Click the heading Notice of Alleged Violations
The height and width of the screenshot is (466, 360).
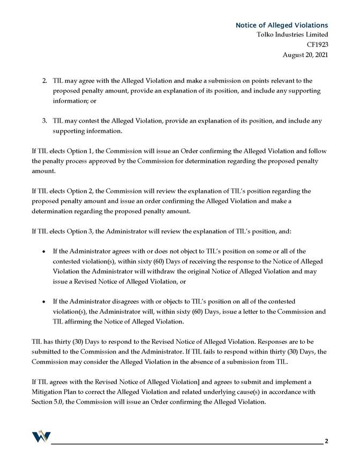pyautogui.click(x=282, y=25)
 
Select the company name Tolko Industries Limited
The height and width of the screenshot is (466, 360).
pyautogui.click(x=292, y=35)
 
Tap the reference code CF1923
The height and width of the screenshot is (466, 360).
pyautogui.click(x=317, y=44)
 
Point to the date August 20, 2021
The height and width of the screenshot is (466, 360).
pyautogui.click(x=305, y=54)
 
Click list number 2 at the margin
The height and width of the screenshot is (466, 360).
pyautogui.click(x=44, y=81)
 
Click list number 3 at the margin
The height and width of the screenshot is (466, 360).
pyautogui.click(x=44, y=121)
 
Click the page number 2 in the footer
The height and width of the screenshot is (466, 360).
pyautogui.click(x=326, y=441)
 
